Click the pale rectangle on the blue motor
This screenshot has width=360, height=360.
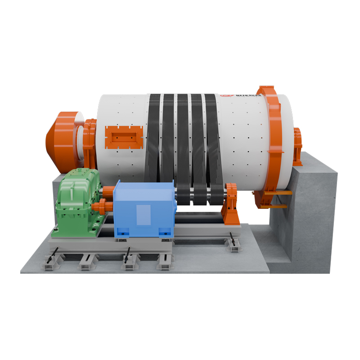click(143, 215)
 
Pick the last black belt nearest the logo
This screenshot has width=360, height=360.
click(211, 135)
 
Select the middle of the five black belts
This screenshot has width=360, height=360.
click(183, 135)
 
